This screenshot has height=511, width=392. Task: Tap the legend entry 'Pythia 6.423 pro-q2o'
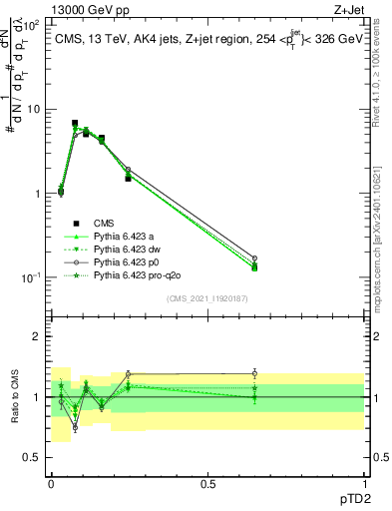137,274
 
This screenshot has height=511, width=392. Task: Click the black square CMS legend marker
76,223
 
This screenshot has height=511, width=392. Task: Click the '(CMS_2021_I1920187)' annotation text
206,297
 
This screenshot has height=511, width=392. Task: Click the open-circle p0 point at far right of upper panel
254,258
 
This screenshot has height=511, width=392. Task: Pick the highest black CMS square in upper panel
75,124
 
